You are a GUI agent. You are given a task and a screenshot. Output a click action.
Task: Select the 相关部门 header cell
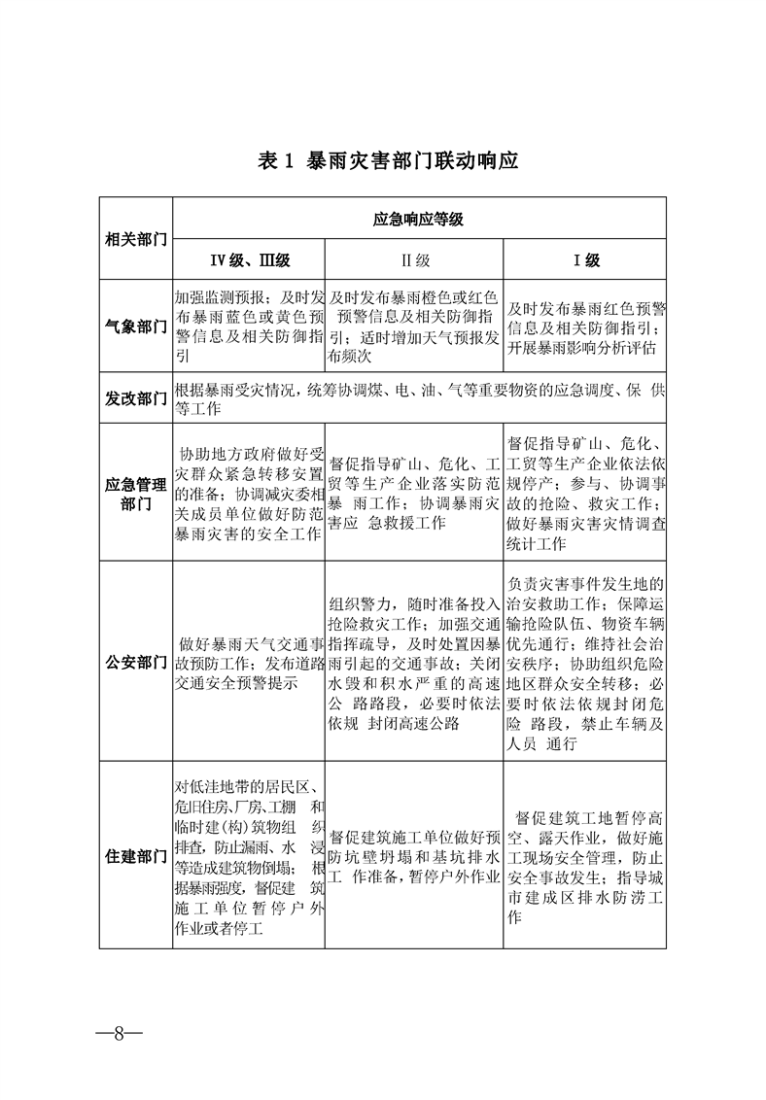[x=136, y=239]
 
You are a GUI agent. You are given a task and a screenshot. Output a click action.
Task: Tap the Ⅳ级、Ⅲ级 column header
[x=249, y=259]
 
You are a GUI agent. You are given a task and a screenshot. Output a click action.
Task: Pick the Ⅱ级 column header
[x=415, y=259]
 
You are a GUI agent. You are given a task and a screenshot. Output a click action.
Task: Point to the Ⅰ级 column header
[x=585, y=259]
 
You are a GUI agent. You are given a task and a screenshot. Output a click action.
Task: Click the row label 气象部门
[x=136, y=327]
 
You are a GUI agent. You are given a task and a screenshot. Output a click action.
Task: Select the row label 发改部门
[x=136, y=398]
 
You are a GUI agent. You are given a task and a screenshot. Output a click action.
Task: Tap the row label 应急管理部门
[x=136, y=492]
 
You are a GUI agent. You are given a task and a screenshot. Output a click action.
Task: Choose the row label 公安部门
[x=136, y=663]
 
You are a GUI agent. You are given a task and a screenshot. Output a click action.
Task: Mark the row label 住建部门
[x=136, y=856]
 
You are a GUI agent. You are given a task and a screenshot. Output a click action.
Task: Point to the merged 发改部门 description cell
[x=418, y=398]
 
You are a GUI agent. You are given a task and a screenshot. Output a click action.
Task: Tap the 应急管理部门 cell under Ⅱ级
[x=415, y=492]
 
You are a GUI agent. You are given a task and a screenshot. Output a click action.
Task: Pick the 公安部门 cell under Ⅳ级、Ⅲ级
[x=249, y=663]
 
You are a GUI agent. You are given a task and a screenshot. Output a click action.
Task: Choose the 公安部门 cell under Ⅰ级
[x=585, y=663]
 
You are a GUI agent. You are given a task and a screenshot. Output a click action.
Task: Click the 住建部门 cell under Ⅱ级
[x=415, y=856]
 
